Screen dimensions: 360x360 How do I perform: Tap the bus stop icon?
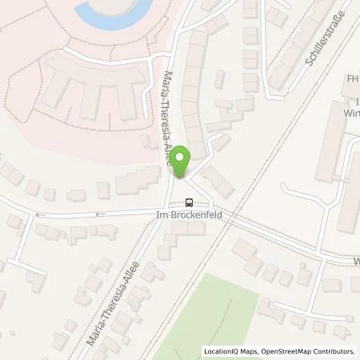[x=190, y=202]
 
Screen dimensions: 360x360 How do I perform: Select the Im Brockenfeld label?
[x=190, y=214]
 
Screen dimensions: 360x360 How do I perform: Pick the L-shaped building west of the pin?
[x=136, y=181]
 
